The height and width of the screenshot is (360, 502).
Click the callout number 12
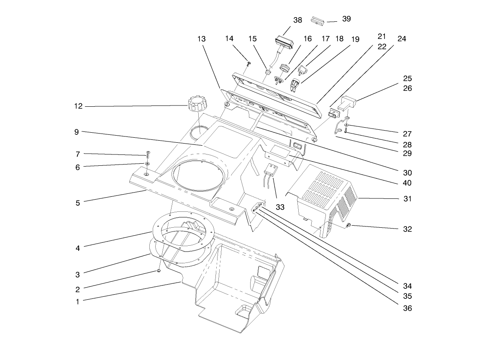click(78, 106)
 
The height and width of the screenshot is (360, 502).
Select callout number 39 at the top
click(346, 19)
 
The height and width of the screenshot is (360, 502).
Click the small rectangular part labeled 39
click(318, 21)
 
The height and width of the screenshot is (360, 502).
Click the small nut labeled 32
click(348, 226)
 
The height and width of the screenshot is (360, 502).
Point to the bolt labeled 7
click(148, 154)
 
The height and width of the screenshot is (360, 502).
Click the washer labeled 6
click(147, 164)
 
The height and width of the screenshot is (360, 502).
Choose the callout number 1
click(77, 301)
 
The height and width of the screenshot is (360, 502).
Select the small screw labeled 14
click(249, 64)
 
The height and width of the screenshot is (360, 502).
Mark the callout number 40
click(407, 183)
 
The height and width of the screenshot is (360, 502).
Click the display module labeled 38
click(284, 44)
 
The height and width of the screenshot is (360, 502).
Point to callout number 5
click(77, 203)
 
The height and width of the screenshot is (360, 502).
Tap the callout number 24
click(402, 39)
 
